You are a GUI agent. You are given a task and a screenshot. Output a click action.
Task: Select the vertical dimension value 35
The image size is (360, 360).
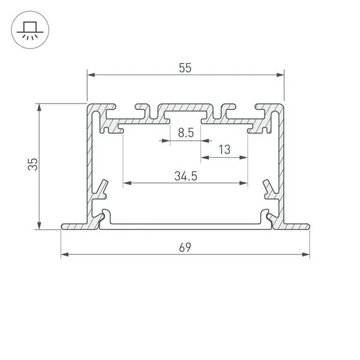pos(33,165)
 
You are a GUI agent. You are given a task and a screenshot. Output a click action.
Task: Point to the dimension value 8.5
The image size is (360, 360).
pos(185,133)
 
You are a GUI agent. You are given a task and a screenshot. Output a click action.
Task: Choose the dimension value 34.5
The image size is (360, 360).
pos(185,176)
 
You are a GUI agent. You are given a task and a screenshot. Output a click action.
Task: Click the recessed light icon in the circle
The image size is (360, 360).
pos(29,30)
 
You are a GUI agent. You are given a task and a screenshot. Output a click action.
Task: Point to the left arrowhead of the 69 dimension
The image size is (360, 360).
pos(64,255)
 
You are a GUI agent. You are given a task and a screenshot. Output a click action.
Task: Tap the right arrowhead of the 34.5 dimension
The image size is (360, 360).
pos(244,184)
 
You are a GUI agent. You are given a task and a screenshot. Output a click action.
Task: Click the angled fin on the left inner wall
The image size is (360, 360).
pos(102,188)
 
